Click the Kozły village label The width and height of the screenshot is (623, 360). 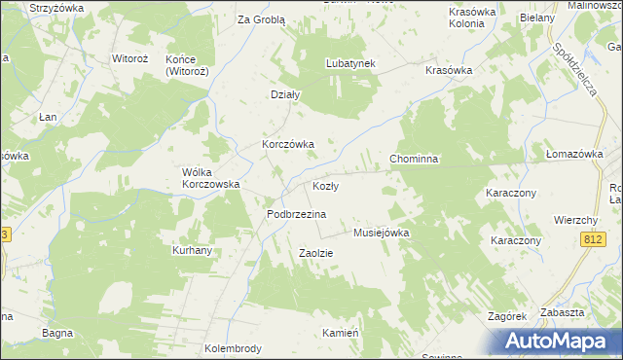pyautogui.click(x=325, y=186)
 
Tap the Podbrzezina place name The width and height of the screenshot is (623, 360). pyautogui.click(x=296, y=213)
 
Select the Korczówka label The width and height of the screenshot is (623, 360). pyautogui.click(x=287, y=144)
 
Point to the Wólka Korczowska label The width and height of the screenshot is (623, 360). pyautogui.click(x=211, y=178)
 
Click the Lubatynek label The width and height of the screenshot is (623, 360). pyautogui.click(x=349, y=64)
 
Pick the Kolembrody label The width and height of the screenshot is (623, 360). pyautogui.click(x=233, y=347)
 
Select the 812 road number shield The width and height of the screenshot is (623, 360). pyautogui.click(x=594, y=239)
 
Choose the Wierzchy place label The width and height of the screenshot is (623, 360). pyautogui.click(x=574, y=220)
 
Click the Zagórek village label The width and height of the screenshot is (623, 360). pyautogui.click(x=507, y=316)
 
